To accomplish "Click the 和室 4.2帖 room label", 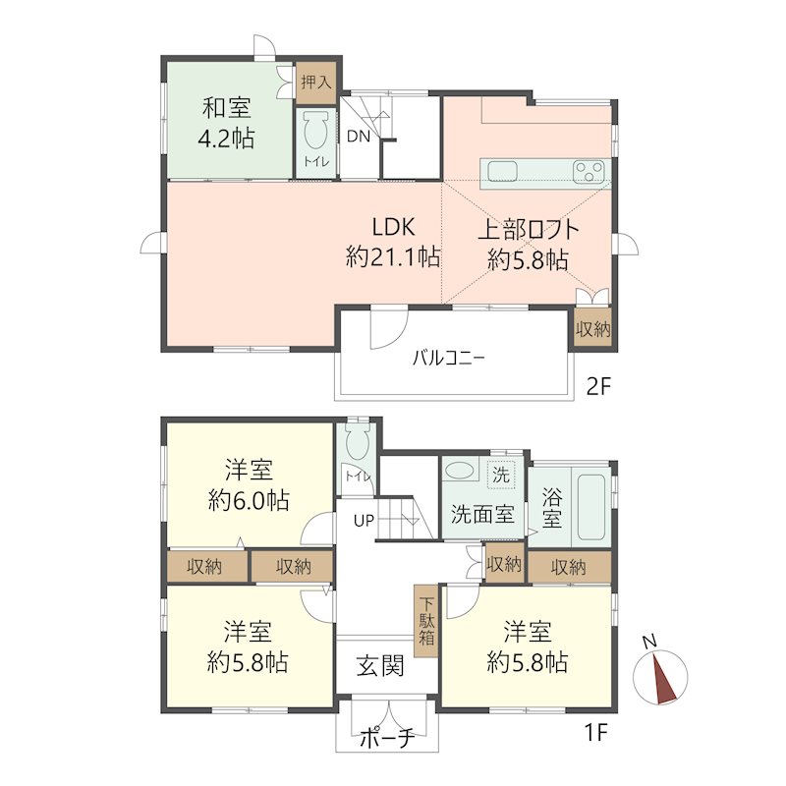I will click(x=228, y=122).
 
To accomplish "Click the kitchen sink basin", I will click(x=503, y=171).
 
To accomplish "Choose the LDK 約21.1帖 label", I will click(x=391, y=243).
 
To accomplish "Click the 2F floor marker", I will click(x=598, y=385).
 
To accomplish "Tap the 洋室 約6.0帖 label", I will click(x=249, y=484).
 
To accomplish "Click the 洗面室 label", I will click(x=481, y=514).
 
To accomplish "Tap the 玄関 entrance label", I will click(x=380, y=666).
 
